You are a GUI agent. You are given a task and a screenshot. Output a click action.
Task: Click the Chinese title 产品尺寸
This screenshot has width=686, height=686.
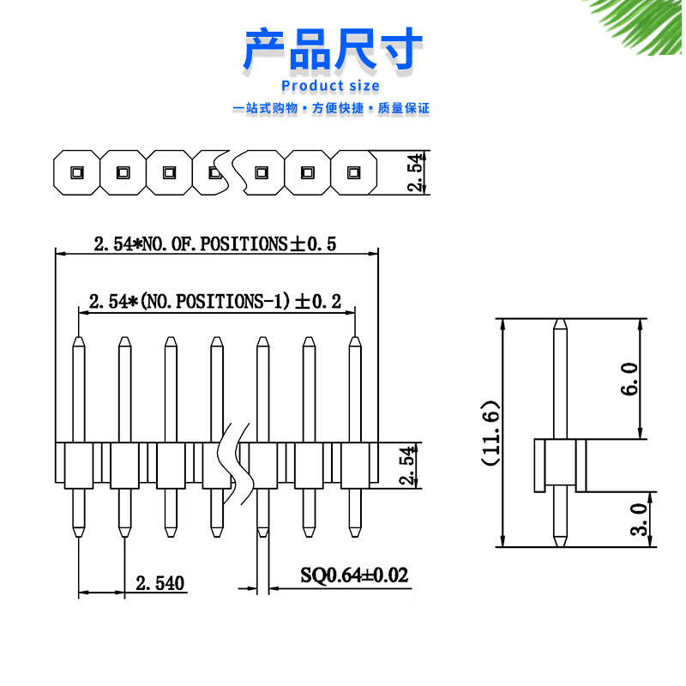[334, 49]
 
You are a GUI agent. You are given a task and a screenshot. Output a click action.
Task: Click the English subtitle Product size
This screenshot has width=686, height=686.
[330, 86]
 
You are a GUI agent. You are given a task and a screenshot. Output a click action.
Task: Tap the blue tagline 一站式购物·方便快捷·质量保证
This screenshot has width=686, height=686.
[331, 109]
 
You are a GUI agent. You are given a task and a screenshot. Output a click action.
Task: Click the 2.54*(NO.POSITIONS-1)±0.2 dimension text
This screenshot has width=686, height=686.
[214, 302]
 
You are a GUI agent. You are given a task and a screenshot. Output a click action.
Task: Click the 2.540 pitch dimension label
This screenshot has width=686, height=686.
[160, 585]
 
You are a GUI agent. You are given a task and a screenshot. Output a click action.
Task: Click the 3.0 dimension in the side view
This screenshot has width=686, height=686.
[637, 520]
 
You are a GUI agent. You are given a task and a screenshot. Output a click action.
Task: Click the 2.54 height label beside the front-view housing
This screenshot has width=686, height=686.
[408, 465]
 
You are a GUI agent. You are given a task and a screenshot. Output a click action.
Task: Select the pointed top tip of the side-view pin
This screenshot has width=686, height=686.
[559, 322]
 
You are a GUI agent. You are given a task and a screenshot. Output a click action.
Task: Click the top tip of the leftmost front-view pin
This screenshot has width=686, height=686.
[79, 340]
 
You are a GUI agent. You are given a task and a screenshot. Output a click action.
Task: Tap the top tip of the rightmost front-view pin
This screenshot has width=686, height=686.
[354, 340]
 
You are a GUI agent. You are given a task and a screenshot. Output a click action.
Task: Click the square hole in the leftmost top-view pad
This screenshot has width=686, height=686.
[75, 171]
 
